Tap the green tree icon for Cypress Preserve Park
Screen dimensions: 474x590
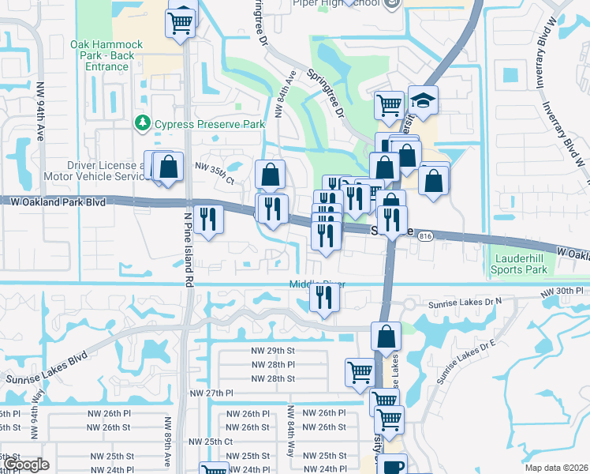click(143, 123)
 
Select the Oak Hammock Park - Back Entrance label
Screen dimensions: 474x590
click(106, 55)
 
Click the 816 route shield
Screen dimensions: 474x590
click(426, 236)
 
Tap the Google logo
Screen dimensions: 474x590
click(25, 465)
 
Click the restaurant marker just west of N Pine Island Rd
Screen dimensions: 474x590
click(207, 219)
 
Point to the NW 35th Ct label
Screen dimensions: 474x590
click(215, 168)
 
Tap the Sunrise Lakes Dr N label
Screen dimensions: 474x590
click(465, 303)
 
